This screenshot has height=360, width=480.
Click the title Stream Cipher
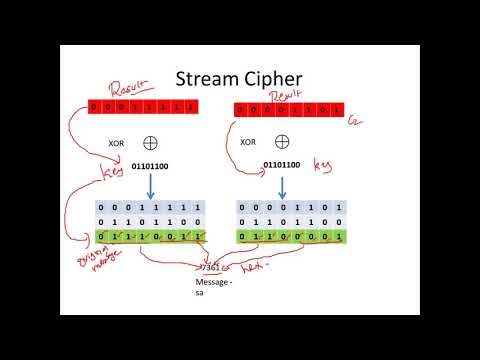pos(240,78)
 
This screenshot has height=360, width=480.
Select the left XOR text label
pos(117,144)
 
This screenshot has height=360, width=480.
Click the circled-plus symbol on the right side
pos(284,141)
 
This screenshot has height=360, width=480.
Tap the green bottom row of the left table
pos(152,238)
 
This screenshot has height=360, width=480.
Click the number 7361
pos(210,268)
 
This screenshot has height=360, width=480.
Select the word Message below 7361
pos(212,283)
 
